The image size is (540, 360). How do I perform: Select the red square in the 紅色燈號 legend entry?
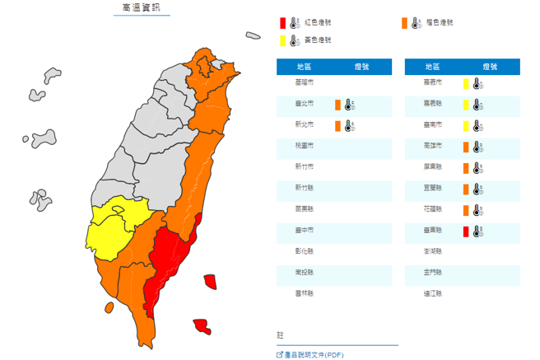[282, 23]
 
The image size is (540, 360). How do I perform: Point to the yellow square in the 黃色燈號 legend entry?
[282, 40]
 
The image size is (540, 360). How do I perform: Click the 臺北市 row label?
[305, 105]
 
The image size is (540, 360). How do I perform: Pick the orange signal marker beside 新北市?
[338, 126]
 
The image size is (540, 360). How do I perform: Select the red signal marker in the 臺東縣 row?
[466, 231]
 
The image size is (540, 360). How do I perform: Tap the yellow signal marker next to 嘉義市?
[466, 83]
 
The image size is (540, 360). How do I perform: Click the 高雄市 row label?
[433, 147]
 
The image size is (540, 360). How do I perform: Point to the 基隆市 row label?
[305, 83]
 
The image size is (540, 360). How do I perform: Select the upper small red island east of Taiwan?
[211, 282]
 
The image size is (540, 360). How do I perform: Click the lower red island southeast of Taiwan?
[202, 325]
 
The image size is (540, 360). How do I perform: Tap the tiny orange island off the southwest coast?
[108, 307]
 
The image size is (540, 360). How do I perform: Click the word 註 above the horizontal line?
[280, 335]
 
